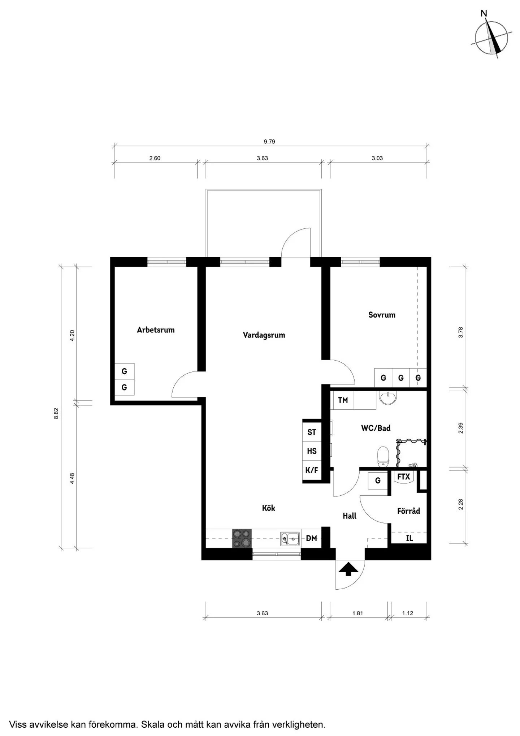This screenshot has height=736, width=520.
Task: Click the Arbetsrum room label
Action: (156, 330)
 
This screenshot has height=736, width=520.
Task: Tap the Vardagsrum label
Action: (264, 335)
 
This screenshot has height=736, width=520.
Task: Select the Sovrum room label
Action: (382, 315)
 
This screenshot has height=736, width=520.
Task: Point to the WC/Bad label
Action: (376, 428)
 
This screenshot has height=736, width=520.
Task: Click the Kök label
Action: (268, 508)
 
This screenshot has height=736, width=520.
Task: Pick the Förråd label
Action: (408, 511)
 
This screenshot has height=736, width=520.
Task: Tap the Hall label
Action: (350, 516)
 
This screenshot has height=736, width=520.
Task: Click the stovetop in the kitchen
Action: (242, 538)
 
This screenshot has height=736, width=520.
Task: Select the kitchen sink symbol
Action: (290, 539)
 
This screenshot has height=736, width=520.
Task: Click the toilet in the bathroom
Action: (383, 457)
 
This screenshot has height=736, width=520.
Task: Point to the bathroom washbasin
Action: (388, 397)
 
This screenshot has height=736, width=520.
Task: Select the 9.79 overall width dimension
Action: (269, 142)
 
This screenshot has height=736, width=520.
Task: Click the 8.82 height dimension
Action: (56, 413)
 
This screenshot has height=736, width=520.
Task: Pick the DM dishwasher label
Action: (311, 538)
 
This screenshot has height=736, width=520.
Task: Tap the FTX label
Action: (403, 477)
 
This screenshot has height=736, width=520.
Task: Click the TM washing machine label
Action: (343, 400)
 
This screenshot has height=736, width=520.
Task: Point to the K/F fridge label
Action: (312, 470)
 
